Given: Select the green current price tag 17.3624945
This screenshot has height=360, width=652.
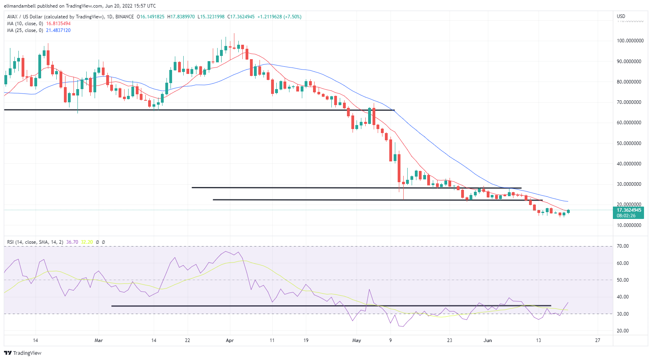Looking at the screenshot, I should tap(629, 210).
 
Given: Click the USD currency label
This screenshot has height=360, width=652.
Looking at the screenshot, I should tap(621, 16).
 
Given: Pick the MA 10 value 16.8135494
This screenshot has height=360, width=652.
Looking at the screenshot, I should tap(58, 24).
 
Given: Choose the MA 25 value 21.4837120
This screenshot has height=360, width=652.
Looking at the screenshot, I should tap(58, 30).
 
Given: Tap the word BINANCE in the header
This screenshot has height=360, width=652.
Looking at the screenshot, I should tap(125, 17).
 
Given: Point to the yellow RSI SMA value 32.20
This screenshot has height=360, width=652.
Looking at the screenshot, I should tap(87, 242).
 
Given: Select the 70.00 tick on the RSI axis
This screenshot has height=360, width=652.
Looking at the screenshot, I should tap(622, 246).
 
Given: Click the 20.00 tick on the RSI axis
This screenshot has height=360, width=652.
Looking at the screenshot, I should tap(622, 331).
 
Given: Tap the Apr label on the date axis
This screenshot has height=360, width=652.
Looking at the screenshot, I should tap(230, 340).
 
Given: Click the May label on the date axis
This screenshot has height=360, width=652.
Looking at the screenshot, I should tap(357, 340).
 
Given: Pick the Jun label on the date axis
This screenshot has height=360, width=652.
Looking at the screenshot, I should tap(488, 340).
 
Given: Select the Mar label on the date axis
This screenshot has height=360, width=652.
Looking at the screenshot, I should tap(99, 340).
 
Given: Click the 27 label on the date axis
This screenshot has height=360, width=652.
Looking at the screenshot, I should tap(597, 340).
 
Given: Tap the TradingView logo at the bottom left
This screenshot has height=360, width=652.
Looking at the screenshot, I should tap(23, 353).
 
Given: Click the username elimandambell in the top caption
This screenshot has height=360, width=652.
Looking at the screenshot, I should tap(20, 6).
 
